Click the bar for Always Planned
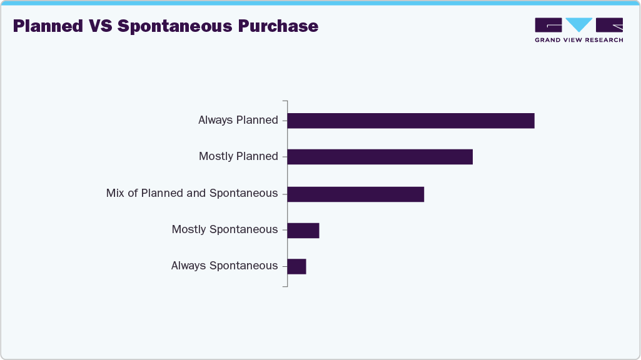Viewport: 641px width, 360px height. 411,121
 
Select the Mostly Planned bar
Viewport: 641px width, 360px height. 380,157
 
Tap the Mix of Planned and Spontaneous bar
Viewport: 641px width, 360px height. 355,194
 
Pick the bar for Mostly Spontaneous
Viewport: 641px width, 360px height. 303,230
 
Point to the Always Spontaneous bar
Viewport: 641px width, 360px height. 296,266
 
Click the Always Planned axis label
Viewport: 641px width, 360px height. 238,120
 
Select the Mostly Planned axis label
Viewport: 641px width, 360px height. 238,156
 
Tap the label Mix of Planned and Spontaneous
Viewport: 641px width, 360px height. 192,193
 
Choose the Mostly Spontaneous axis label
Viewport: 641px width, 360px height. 225,229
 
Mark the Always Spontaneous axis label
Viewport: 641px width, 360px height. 224,266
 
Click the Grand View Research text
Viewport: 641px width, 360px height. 578,40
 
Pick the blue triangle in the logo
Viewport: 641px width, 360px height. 578,24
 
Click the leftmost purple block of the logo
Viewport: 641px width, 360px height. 548,24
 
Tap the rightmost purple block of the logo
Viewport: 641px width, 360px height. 609,24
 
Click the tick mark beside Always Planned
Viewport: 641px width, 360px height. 285,121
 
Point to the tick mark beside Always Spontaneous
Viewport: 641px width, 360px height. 285,266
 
